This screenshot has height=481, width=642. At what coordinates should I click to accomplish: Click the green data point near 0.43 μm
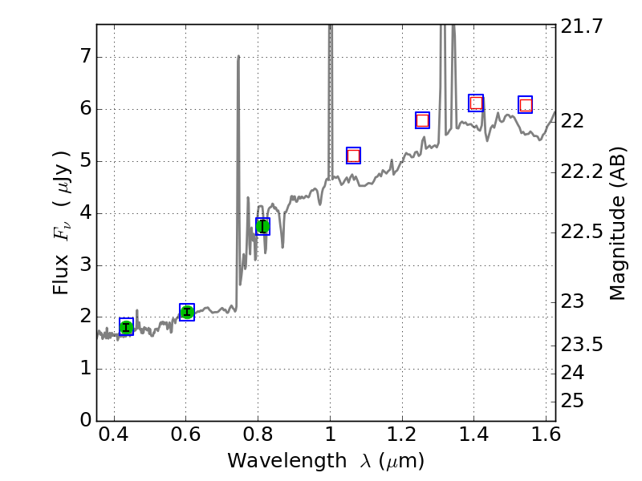click(x=126, y=326)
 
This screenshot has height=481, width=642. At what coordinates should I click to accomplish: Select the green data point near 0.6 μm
click(x=187, y=312)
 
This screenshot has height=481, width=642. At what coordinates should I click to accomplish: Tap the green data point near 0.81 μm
click(x=262, y=226)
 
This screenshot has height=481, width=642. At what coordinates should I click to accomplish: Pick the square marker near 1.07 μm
click(x=353, y=156)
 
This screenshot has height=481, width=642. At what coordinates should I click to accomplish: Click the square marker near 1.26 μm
click(x=423, y=120)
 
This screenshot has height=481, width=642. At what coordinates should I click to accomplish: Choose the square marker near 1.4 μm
click(x=476, y=103)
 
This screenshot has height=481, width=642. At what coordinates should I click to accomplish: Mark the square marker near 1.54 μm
click(x=526, y=105)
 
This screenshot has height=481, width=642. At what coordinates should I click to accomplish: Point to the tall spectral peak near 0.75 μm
click(x=238, y=58)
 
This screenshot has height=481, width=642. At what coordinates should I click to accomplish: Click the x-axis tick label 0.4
click(x=114, y=437)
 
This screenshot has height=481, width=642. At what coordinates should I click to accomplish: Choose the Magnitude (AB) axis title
click(x=617, y=223)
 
